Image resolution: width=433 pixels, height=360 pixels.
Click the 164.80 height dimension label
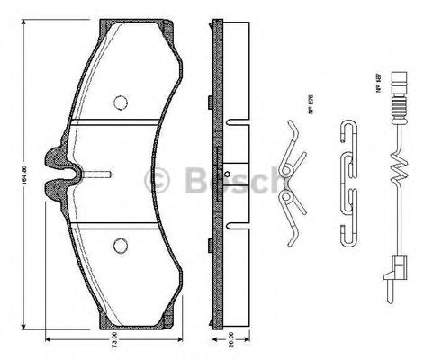tap(12, 168)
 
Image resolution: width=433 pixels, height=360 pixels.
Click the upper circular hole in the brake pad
tap(120, 102)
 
